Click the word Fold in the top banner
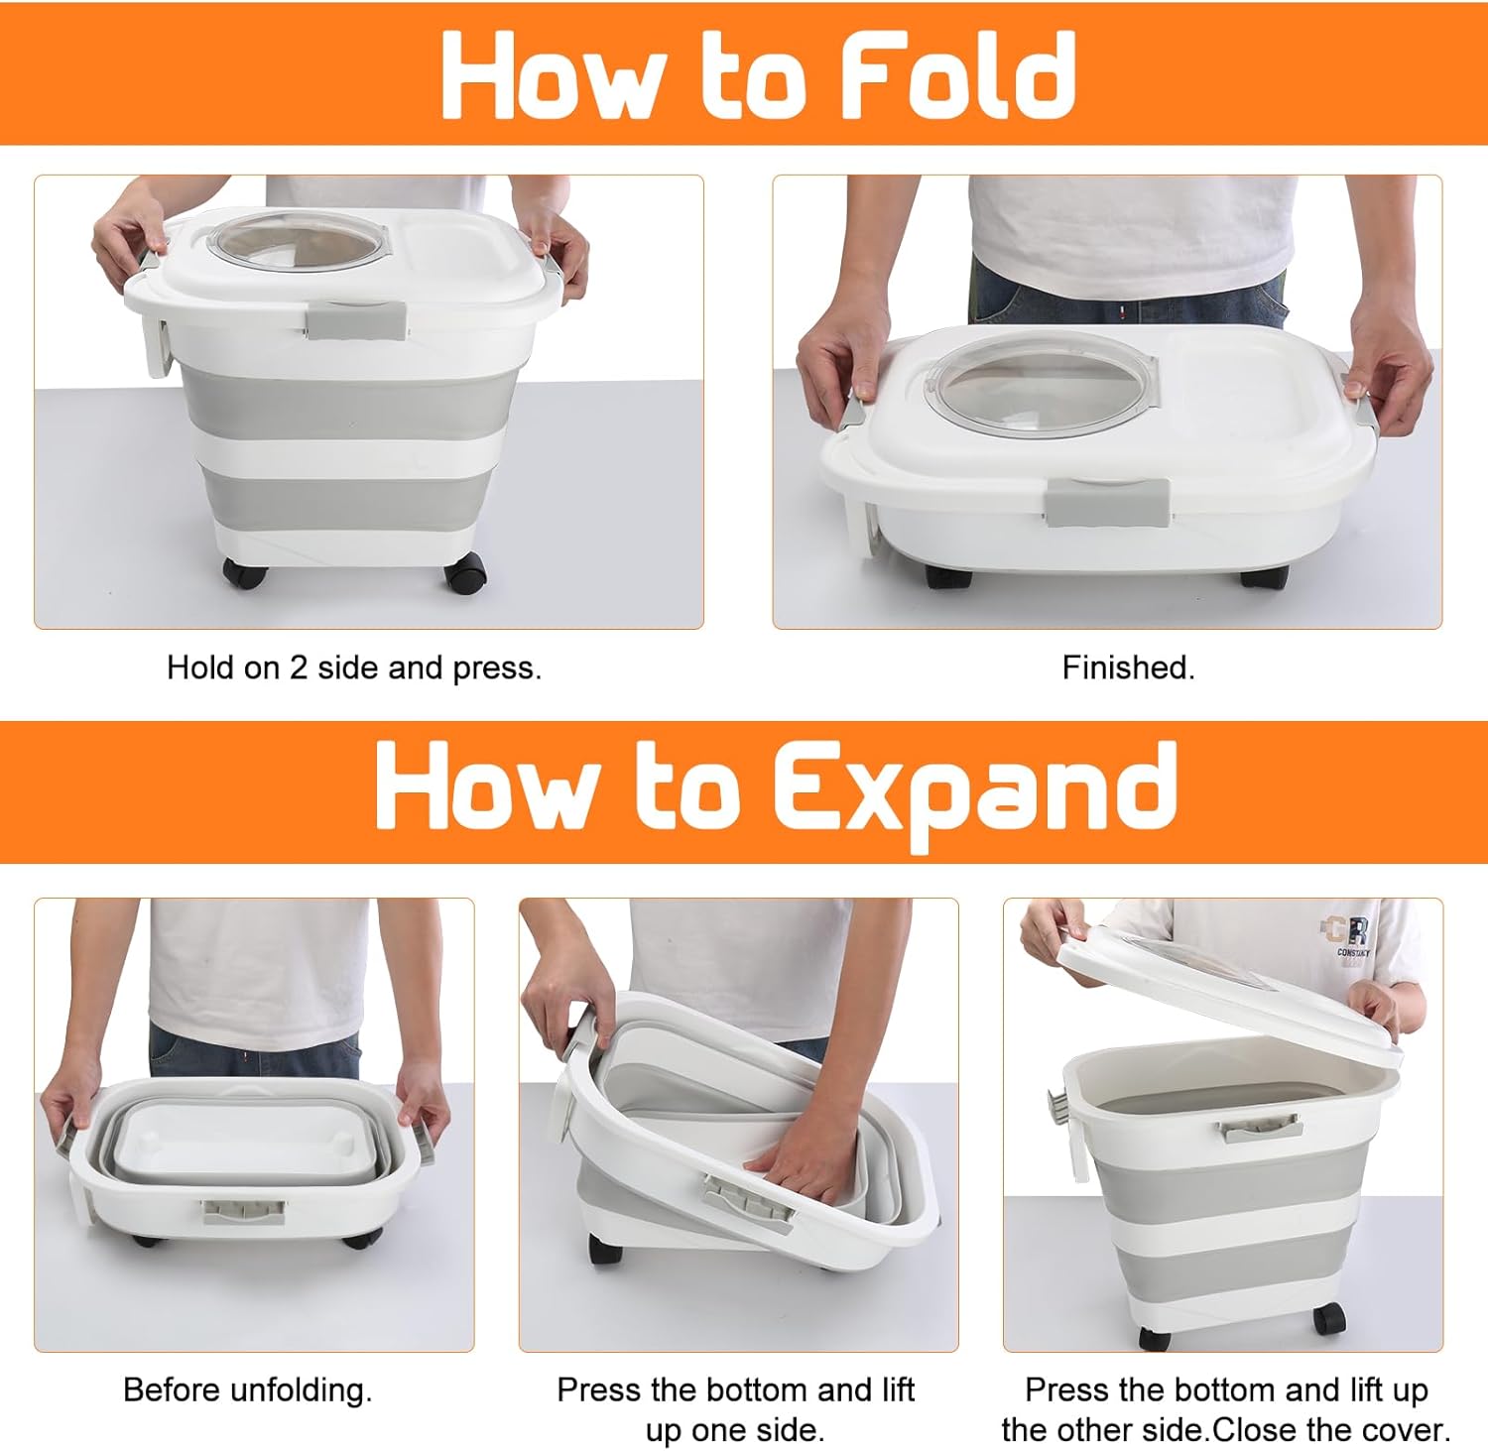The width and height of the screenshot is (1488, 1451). pyautogui.click(x=958, y=74)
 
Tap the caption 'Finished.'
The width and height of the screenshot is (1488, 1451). pyautogui.click(x=1129, y=667)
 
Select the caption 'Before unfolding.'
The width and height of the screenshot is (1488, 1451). pyautogui.click(x=248, y=1390)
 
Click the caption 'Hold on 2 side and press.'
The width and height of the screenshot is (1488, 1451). pyautogui.click(x=354, y=667)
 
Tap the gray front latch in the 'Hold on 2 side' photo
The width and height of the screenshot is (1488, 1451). pyautogui.click(x=355, y=320)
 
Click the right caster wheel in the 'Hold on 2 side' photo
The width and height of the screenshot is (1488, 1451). pyautogui.click(x=467, y=573)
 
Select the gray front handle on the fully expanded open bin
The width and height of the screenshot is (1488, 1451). pyautogui.click(x=1259, y=1127)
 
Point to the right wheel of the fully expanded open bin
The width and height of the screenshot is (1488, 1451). pyautogui.click(x=1329, y=1319)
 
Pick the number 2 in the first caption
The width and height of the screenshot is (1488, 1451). pyautogui.click(x=299, y=667)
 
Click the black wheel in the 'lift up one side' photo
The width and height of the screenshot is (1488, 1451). pyautogui.click(x=604, y=1250)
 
